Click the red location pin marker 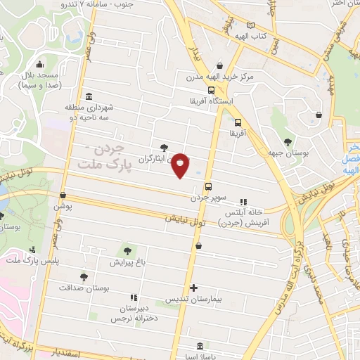tap(181, 165)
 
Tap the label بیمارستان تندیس tap(193, 300)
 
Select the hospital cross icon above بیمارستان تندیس tap(194, 288)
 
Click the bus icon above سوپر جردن tap(208, 187)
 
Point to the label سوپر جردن tap(209, 198)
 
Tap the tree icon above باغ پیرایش tap(127, 250)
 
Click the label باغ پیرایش tap(127, 262)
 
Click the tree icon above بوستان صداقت tap(84, 277)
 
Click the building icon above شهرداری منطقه tap(88, 96)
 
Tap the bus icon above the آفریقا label tap(237, 120)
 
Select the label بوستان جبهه tap(285, 153)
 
